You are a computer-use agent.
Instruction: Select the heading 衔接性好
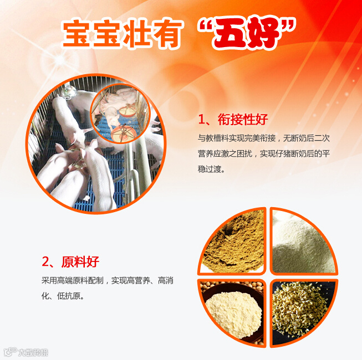(x=243, y=119)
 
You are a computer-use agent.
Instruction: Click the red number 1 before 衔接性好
(x=202, y=120)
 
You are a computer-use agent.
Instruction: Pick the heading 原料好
(x=80, y=261)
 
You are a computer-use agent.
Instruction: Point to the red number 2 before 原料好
(x=45, y=262)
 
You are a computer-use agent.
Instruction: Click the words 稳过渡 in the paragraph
(x=209, y=169)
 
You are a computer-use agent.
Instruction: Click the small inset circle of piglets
(x=120, y=113)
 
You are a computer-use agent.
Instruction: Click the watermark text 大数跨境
(x=33, y=352)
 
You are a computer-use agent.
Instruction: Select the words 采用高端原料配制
(x=72, y=281)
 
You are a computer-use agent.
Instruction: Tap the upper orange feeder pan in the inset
(x=128, y=111)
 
